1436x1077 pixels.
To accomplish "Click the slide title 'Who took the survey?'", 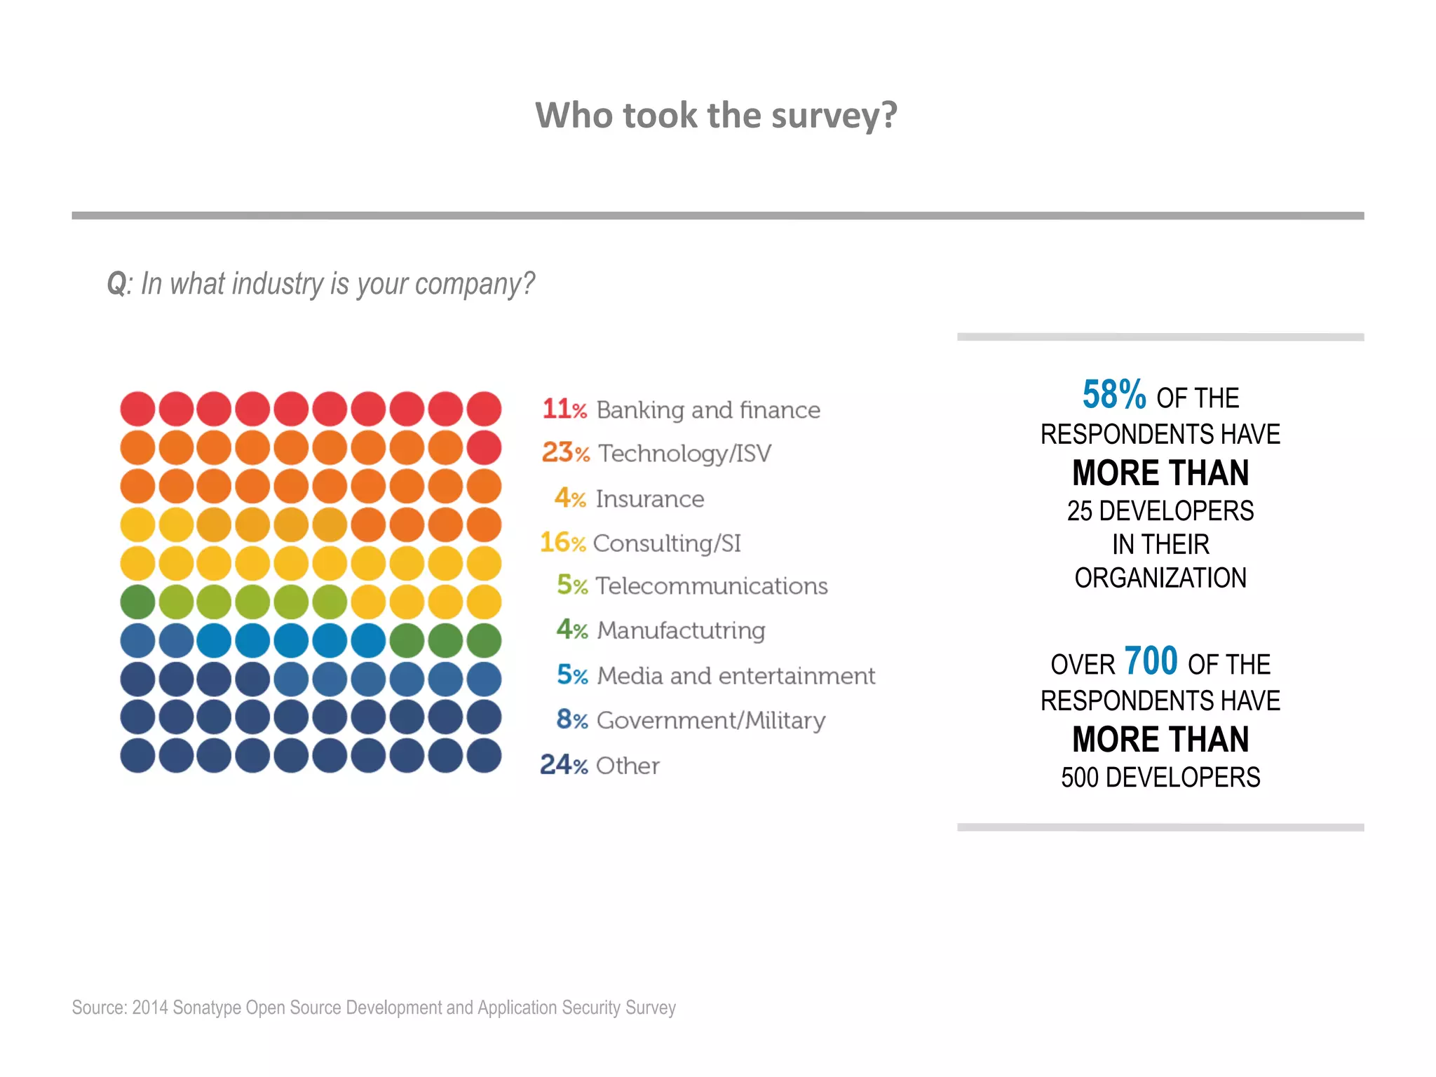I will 716,115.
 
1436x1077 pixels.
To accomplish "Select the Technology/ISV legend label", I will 684,454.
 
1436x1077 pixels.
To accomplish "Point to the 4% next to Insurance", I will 569,499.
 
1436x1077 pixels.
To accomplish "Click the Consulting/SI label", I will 667,543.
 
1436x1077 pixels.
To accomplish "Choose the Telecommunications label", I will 711,586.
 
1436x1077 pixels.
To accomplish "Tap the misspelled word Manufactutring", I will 681,630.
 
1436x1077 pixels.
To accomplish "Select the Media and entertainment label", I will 736,676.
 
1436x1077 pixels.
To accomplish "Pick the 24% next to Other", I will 563,765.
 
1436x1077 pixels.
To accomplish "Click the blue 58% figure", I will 1113,395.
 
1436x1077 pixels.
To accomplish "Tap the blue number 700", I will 1151,661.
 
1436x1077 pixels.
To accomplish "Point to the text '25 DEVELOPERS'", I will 1160,511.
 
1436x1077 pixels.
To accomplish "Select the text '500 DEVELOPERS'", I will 1160,778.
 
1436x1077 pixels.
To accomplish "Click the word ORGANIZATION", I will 1160,578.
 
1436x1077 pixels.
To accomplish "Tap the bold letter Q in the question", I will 116,285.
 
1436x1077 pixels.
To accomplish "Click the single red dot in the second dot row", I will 484,448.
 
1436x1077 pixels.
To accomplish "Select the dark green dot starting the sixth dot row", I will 137,602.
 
